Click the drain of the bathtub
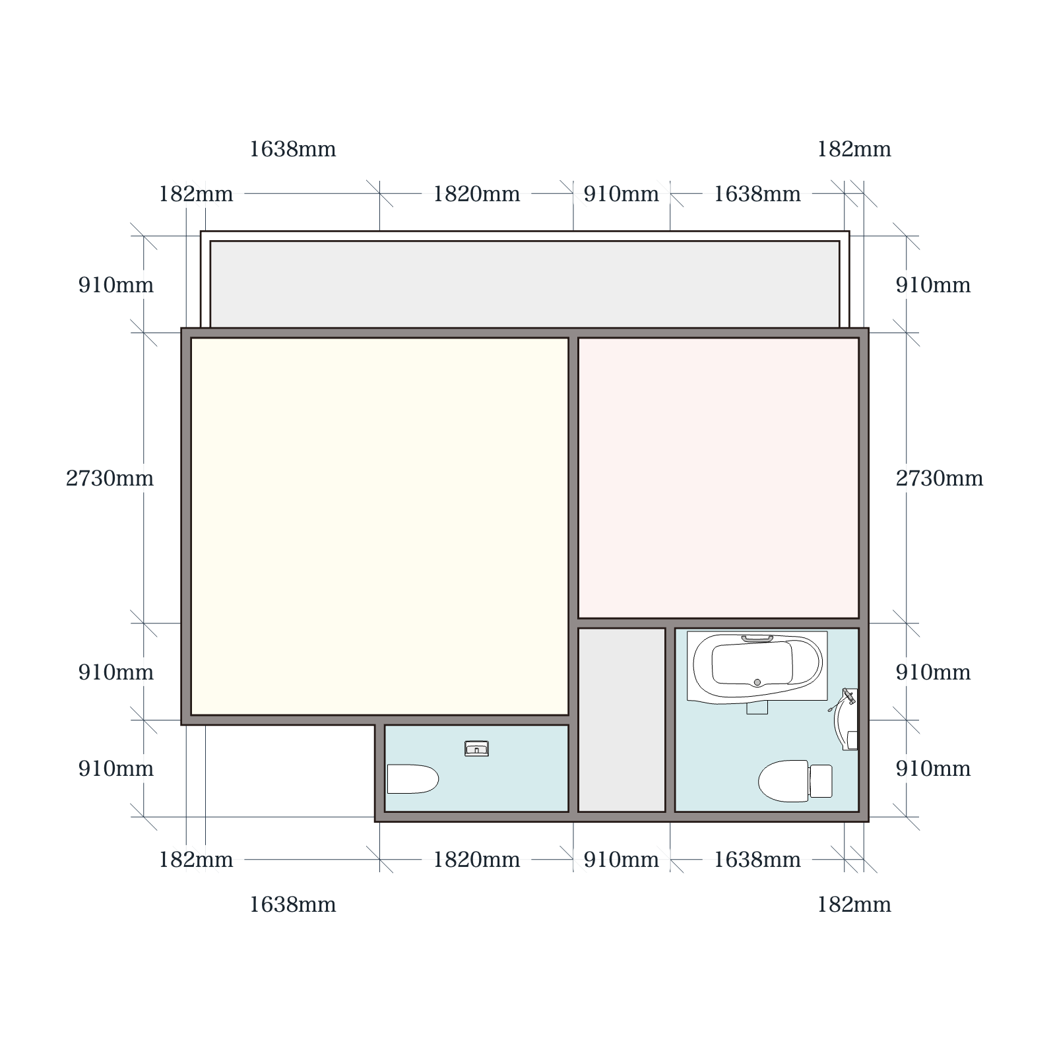tap(757, 682)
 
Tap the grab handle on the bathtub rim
tap(757, 639)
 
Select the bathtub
tap(757, 667)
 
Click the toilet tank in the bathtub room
tap(821, 781)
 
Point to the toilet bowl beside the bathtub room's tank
tap(784, 781)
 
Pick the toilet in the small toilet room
tap(412, 779)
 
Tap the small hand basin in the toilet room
tap(476, 748)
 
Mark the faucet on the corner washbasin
tap(848, 697)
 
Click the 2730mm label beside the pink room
tap(939, 478)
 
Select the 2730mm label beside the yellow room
tap(110, 478)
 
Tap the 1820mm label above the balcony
tap(476, 194)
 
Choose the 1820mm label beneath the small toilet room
tap(476, 860)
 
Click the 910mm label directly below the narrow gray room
tap(621, 860)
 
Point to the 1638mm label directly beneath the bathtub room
tap(757, 860)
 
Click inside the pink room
tap(718, 478)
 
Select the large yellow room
tap(379, 526)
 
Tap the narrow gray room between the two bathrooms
tap(622, 720)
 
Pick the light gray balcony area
tap(525, 284)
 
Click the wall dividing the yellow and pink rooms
tap(573, 478)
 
